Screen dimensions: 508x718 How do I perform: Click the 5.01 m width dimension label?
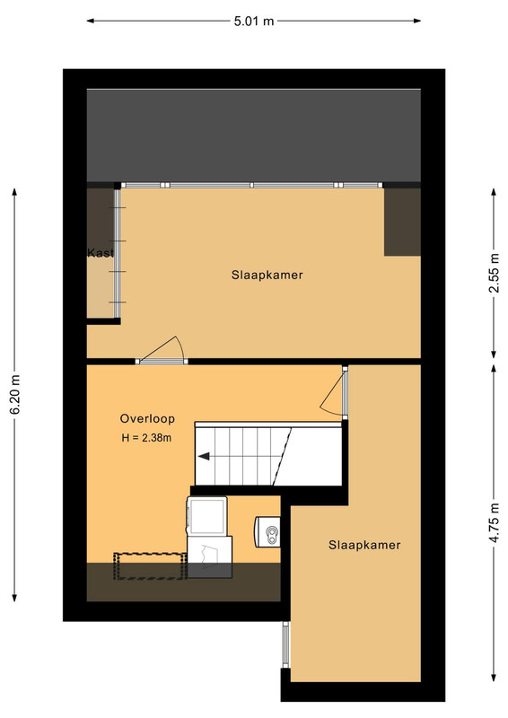[254, 21]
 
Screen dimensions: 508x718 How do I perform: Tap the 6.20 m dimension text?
[15, 394]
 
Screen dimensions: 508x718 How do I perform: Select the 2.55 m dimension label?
[494, 273]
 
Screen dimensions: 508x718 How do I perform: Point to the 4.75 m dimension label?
[494, 523]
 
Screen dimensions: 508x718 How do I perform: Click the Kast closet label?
[101, 253]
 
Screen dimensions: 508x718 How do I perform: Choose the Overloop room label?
[147, 418]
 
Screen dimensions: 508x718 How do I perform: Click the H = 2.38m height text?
[146, 438]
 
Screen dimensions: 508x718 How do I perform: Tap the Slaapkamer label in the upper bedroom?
[267, 276]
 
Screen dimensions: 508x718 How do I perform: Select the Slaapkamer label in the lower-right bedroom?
[364, 545]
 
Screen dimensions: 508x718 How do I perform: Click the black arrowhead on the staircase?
[204, 456]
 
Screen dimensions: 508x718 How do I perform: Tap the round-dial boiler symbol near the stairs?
[273, 534]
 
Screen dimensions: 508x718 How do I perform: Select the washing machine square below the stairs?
[207, 515]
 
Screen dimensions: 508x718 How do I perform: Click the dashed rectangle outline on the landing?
[150, 567]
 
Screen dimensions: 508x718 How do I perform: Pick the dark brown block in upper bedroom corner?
[402, 222]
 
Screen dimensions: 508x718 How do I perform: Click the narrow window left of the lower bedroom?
[285, 644]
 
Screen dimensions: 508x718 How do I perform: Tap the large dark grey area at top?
[254, 136]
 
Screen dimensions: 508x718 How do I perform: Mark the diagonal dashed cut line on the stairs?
[283, 456]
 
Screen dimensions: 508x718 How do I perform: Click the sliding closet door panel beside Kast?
[118, 253]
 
